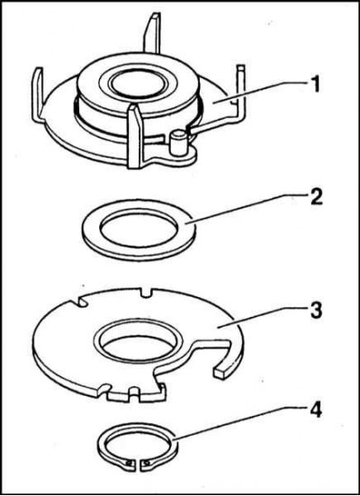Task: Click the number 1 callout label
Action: pos(314,84)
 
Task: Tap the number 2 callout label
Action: pos(315,196)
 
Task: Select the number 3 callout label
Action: pos(316,310)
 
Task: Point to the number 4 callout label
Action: pos(315,411)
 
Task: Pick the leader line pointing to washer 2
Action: pos(245,209)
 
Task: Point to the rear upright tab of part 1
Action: pos(153,32)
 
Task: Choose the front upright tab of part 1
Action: pos(135,137)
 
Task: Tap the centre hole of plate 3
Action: pos(139,341)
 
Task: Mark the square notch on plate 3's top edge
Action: pos(146,293)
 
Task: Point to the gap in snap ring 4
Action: pos(139,463)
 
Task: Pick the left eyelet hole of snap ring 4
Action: pos(129,464)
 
